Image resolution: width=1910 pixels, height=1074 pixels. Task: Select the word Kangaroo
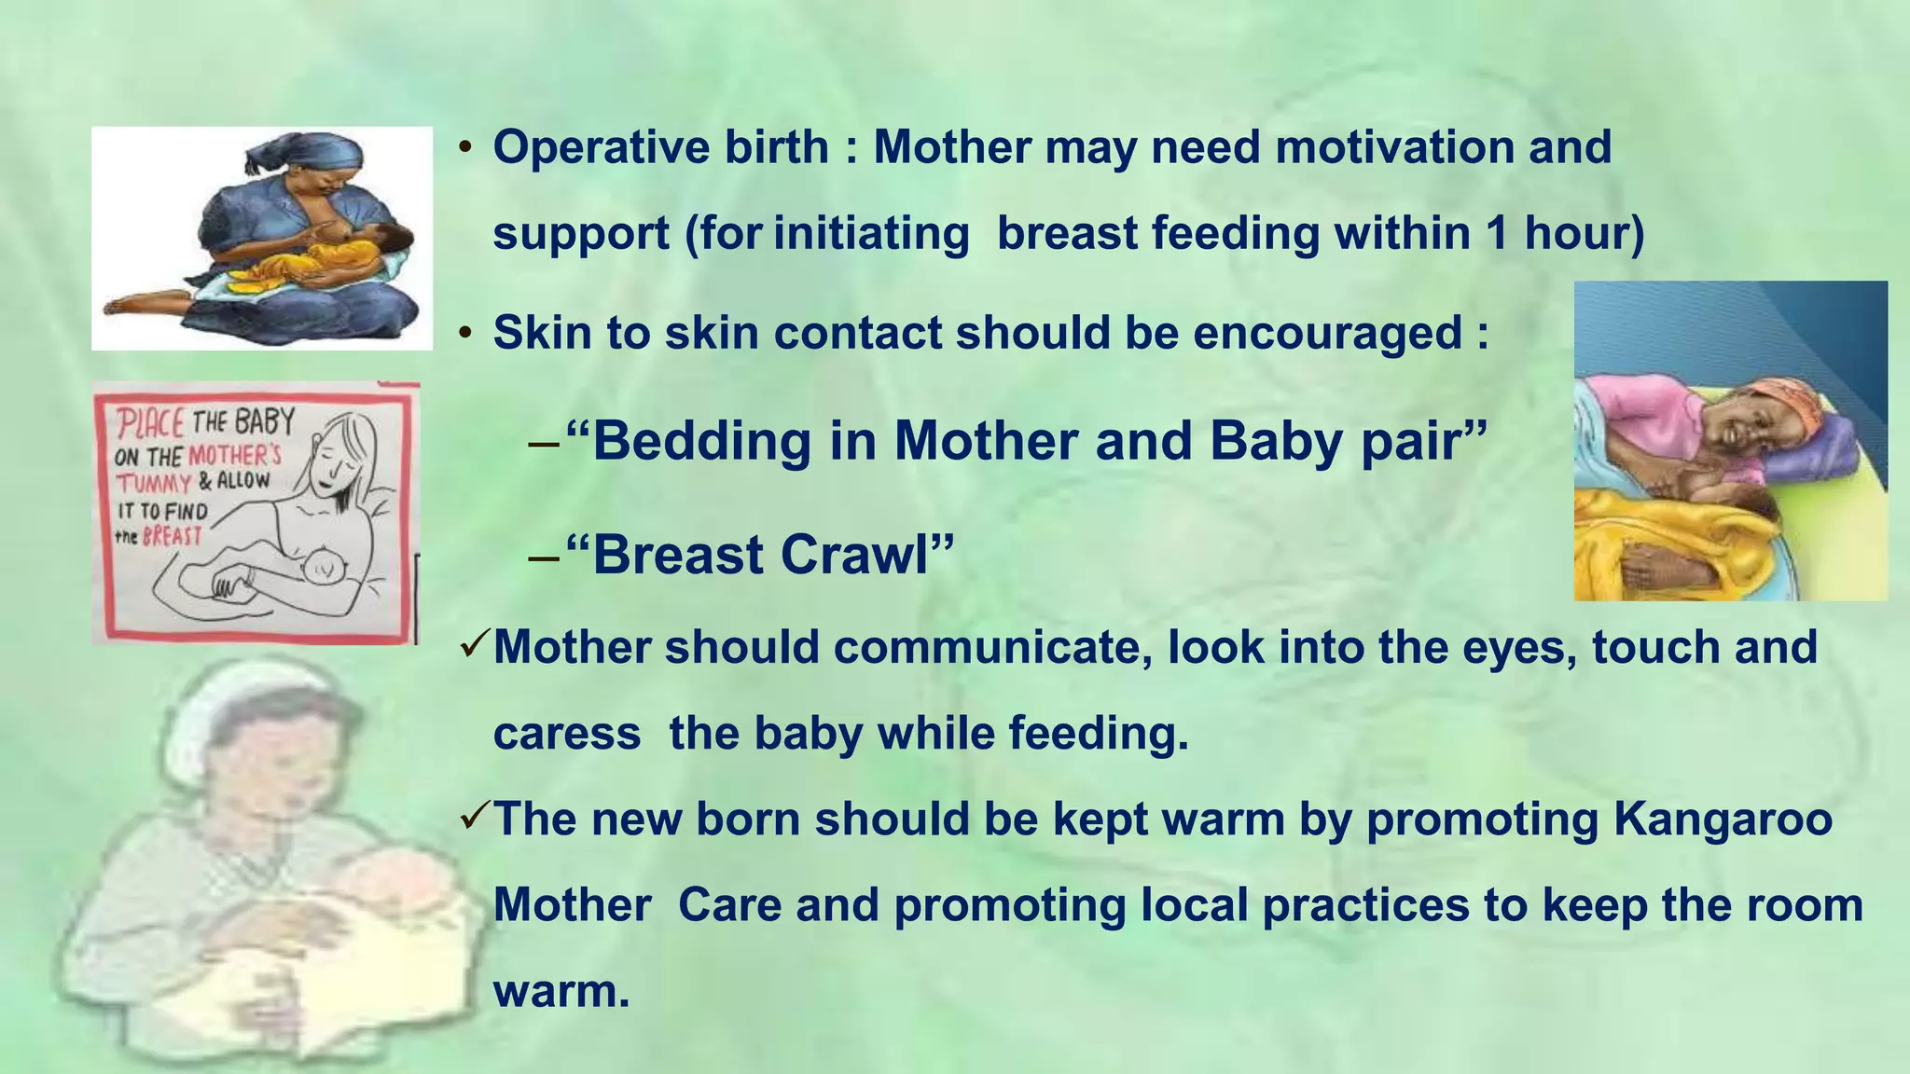pyautogui.click(x=1723, y=819)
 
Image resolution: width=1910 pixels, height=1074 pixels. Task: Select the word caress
pyautogui.click(x=566, y=734)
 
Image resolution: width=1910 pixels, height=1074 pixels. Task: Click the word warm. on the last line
pyautogui.click(x=561, y=990)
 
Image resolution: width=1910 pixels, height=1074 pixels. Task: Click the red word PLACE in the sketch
pyautogui.click(x=149, y=425)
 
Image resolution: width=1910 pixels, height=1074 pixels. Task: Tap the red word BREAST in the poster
pyautogui.click(x=172, y=536)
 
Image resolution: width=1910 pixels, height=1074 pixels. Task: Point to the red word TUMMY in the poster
pyautogui.click(x=153, y=483)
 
